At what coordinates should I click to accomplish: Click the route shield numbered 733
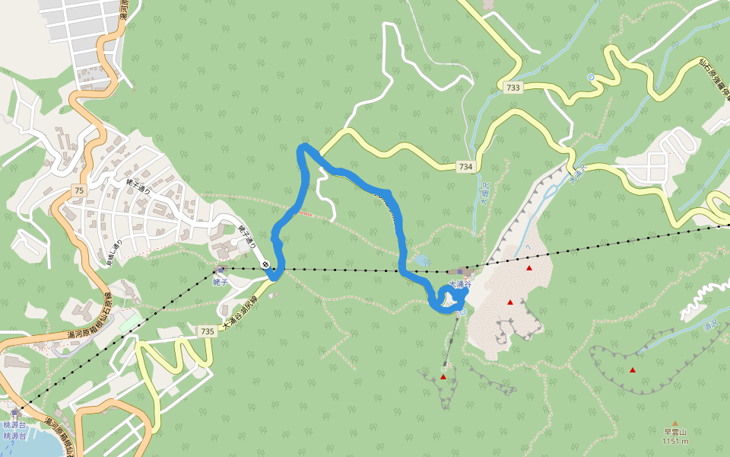click(x=513, y=88)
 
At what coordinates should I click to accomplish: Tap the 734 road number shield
click(x=465, y=167)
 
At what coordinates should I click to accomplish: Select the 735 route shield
click(x=207, y=331)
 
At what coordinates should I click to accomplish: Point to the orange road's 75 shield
click(x=79, y=190)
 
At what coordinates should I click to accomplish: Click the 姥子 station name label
click(x=221, y=280)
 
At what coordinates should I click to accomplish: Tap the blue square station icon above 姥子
click(x=221, y=270)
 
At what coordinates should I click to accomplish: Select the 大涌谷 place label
click(x=460, y=284)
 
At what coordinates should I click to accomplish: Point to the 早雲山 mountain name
click(x=674, y=432)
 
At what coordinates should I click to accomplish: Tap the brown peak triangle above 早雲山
click(x=674, y=423)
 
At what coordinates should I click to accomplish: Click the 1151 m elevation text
click(x=674, y=441)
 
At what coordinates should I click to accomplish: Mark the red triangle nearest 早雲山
click(x=633, y=370)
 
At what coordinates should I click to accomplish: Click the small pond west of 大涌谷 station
click(x=419, y=260)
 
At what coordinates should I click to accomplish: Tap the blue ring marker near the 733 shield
click(x=591, y=77)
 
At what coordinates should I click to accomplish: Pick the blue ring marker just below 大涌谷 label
click(x=462, y=312)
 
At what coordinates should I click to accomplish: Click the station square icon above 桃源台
click(x=14, y=414)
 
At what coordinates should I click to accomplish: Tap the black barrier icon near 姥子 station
click(x=266, y=264)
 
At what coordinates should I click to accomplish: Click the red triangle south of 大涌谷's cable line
click(x=443, y=376)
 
